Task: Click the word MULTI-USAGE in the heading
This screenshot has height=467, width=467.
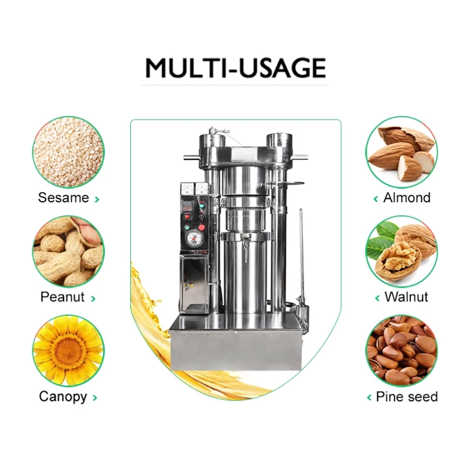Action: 235,68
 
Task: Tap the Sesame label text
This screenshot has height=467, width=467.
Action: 63,198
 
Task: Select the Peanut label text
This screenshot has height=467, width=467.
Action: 62,297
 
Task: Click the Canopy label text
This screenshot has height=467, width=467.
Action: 62,397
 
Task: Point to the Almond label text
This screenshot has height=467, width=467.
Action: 406,198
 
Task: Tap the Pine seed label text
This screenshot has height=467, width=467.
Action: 406,397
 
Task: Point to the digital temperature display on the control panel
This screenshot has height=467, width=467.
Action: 187,205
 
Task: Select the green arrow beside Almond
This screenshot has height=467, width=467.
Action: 376,199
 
